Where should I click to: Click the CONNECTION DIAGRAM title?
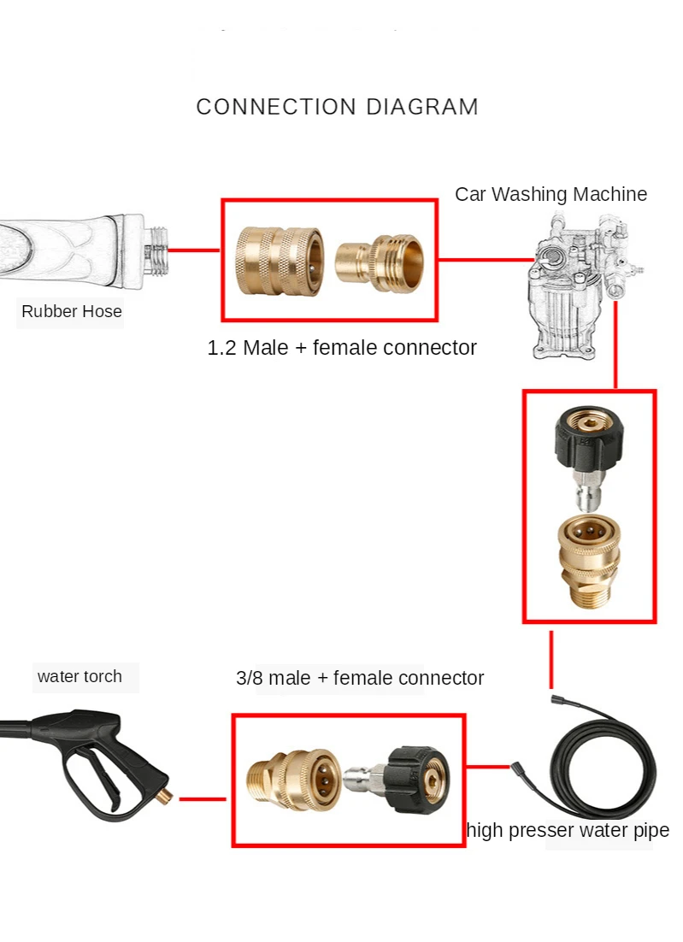337,107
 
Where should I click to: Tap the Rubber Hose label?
72,312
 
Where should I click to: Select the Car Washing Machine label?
551,194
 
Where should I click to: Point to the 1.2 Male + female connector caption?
342,348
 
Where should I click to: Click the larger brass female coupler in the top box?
280,259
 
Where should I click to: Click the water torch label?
79,677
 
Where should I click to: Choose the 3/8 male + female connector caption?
360,678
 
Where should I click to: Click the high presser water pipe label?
568,830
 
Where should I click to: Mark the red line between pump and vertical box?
615,342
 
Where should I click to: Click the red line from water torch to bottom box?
203,799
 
